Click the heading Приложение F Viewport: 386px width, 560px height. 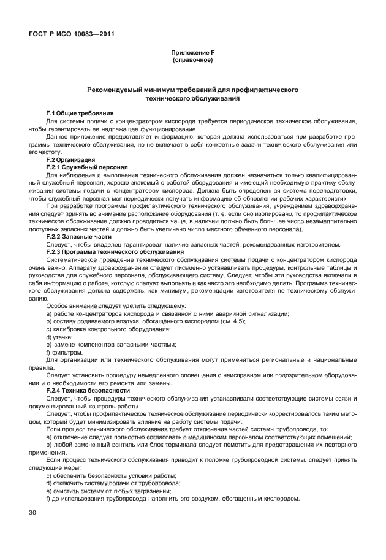click(192, 53)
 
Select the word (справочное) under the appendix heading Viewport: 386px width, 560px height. click(192, 61)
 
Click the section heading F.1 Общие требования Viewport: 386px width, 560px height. click(80, 113)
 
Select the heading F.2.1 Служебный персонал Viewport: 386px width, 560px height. click(86, 167)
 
